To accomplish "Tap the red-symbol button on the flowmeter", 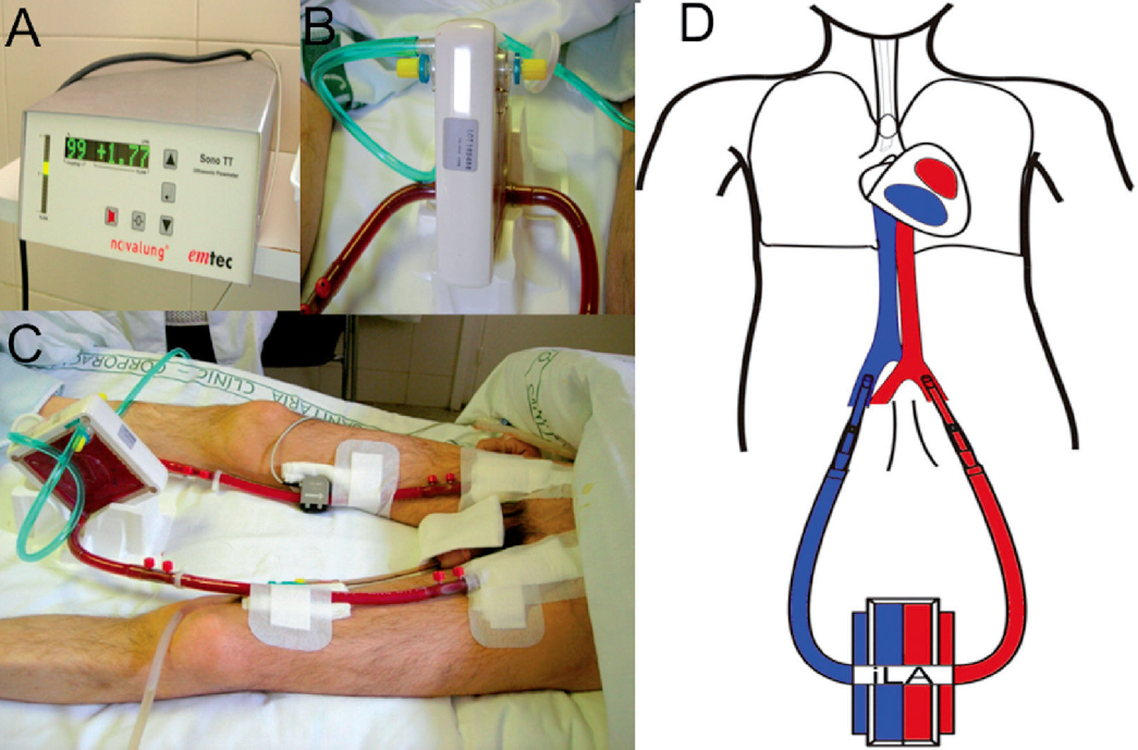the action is tap(112, 216).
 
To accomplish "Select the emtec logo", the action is tap(210, 259).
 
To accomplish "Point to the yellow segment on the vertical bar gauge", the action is tap(46, 169).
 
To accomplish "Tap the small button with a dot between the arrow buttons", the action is tap(168, 193).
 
